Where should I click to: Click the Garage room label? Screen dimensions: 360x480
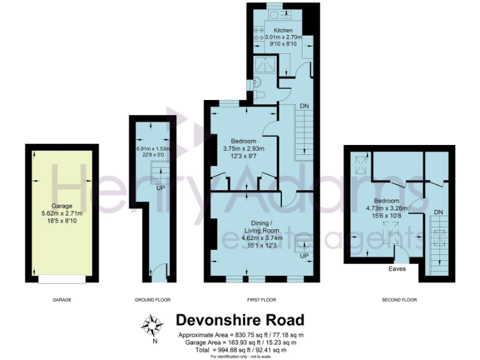coord(62,206)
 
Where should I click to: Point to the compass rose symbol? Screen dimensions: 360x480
coord(151,325)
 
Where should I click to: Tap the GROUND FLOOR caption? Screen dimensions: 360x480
coord(152,300)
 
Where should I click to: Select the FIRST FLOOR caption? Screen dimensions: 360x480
coord(261,300)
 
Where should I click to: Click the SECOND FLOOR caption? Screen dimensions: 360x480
coord(399,300)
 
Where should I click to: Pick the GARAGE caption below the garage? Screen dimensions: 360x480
coord(62,300)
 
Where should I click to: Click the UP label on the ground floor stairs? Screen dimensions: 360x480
coord(161,187)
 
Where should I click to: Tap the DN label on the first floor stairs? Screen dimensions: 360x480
coord(304,106)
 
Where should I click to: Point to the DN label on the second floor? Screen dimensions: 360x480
coord(438,212)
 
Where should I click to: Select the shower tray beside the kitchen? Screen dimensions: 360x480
coord(264,66)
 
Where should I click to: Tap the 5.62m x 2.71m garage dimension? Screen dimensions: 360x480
coord(62,213)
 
